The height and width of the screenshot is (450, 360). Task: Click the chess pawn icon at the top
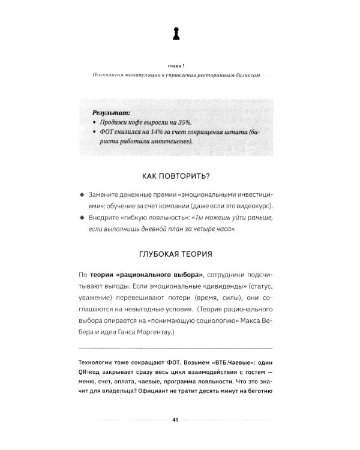point(175,34)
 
